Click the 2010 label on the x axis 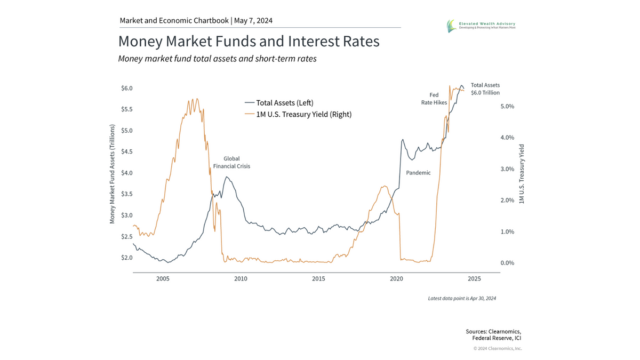point(241,279)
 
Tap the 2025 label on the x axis point(474,279)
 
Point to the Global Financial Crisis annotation point(231,163)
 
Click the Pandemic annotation point(418,173)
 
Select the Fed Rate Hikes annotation point(434,99)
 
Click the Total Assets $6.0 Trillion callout point(485,89)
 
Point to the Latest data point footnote point(462,299)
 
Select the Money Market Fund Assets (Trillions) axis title point(113,174)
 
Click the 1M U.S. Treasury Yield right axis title point(522,174)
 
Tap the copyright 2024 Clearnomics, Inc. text point(497,348)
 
